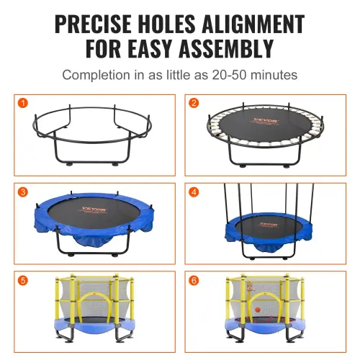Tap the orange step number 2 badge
click(194, 103)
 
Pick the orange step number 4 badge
click(194, 192)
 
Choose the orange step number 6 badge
click(194, 281)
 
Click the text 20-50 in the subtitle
click(220, 75)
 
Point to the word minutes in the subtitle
click(272, 75)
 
